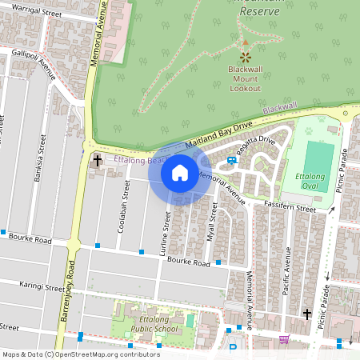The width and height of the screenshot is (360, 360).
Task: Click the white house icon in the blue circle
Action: (x=180, y=172)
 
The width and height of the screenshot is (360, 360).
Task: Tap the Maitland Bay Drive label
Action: (x=219, y=134)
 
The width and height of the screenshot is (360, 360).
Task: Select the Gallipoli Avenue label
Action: (x=33, y=63)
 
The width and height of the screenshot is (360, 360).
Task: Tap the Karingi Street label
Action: (x=42, y=286)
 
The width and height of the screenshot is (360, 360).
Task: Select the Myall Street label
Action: (x=214, y=220)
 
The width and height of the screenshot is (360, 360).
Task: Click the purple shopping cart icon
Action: (x=283, y=339)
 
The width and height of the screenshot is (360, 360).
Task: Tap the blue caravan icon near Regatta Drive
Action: (x=232, y=160)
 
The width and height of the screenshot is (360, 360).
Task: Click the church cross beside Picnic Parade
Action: (x=307, y=314)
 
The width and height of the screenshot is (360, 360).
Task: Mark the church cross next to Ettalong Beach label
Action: (x=97, y=160)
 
